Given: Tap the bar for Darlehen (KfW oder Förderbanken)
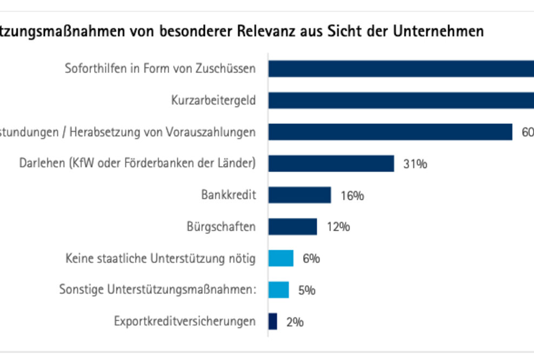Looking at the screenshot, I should pos(331,163).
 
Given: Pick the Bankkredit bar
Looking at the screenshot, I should pos(299,195).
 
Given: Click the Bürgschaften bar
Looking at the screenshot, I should pos(292,226).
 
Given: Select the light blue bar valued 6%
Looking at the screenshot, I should pos(281,258).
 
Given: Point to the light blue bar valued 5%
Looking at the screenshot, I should pos(279,290).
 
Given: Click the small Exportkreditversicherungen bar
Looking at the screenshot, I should pos(273,322).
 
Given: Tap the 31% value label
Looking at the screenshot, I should pos(415,164).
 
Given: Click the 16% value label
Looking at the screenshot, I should pos(352,196).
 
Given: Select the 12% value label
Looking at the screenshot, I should pos(338,227).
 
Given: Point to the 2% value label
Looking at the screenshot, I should pos(295,322).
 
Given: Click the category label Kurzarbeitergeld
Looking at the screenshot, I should pos(213,101).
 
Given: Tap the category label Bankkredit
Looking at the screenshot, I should pos(228,195).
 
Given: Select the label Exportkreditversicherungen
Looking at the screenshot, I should pos(185,322).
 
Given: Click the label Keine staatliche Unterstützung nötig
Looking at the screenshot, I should pos(160,258).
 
